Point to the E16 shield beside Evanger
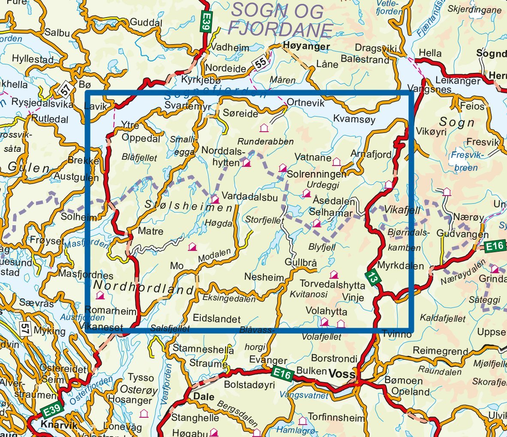pyautogui.click(x=282, y=374)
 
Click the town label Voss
pyautogui.click(x=342, y=374)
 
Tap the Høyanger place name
pyautogui.click(x=307, y=46)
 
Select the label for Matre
pyautogui.click(x=150, y=231)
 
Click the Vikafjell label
pyautogui.click(x=402, y=210)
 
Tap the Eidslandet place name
pyautogui.click(x=217, y=319)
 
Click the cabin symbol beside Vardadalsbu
pyautogui.click(x=215, y=199)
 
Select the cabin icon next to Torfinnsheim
pyautogui.click(x=303, y=421)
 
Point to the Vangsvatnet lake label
pyautogui.click(x=304, y=395)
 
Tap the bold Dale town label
pyautogui.click(x=204, y=396)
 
